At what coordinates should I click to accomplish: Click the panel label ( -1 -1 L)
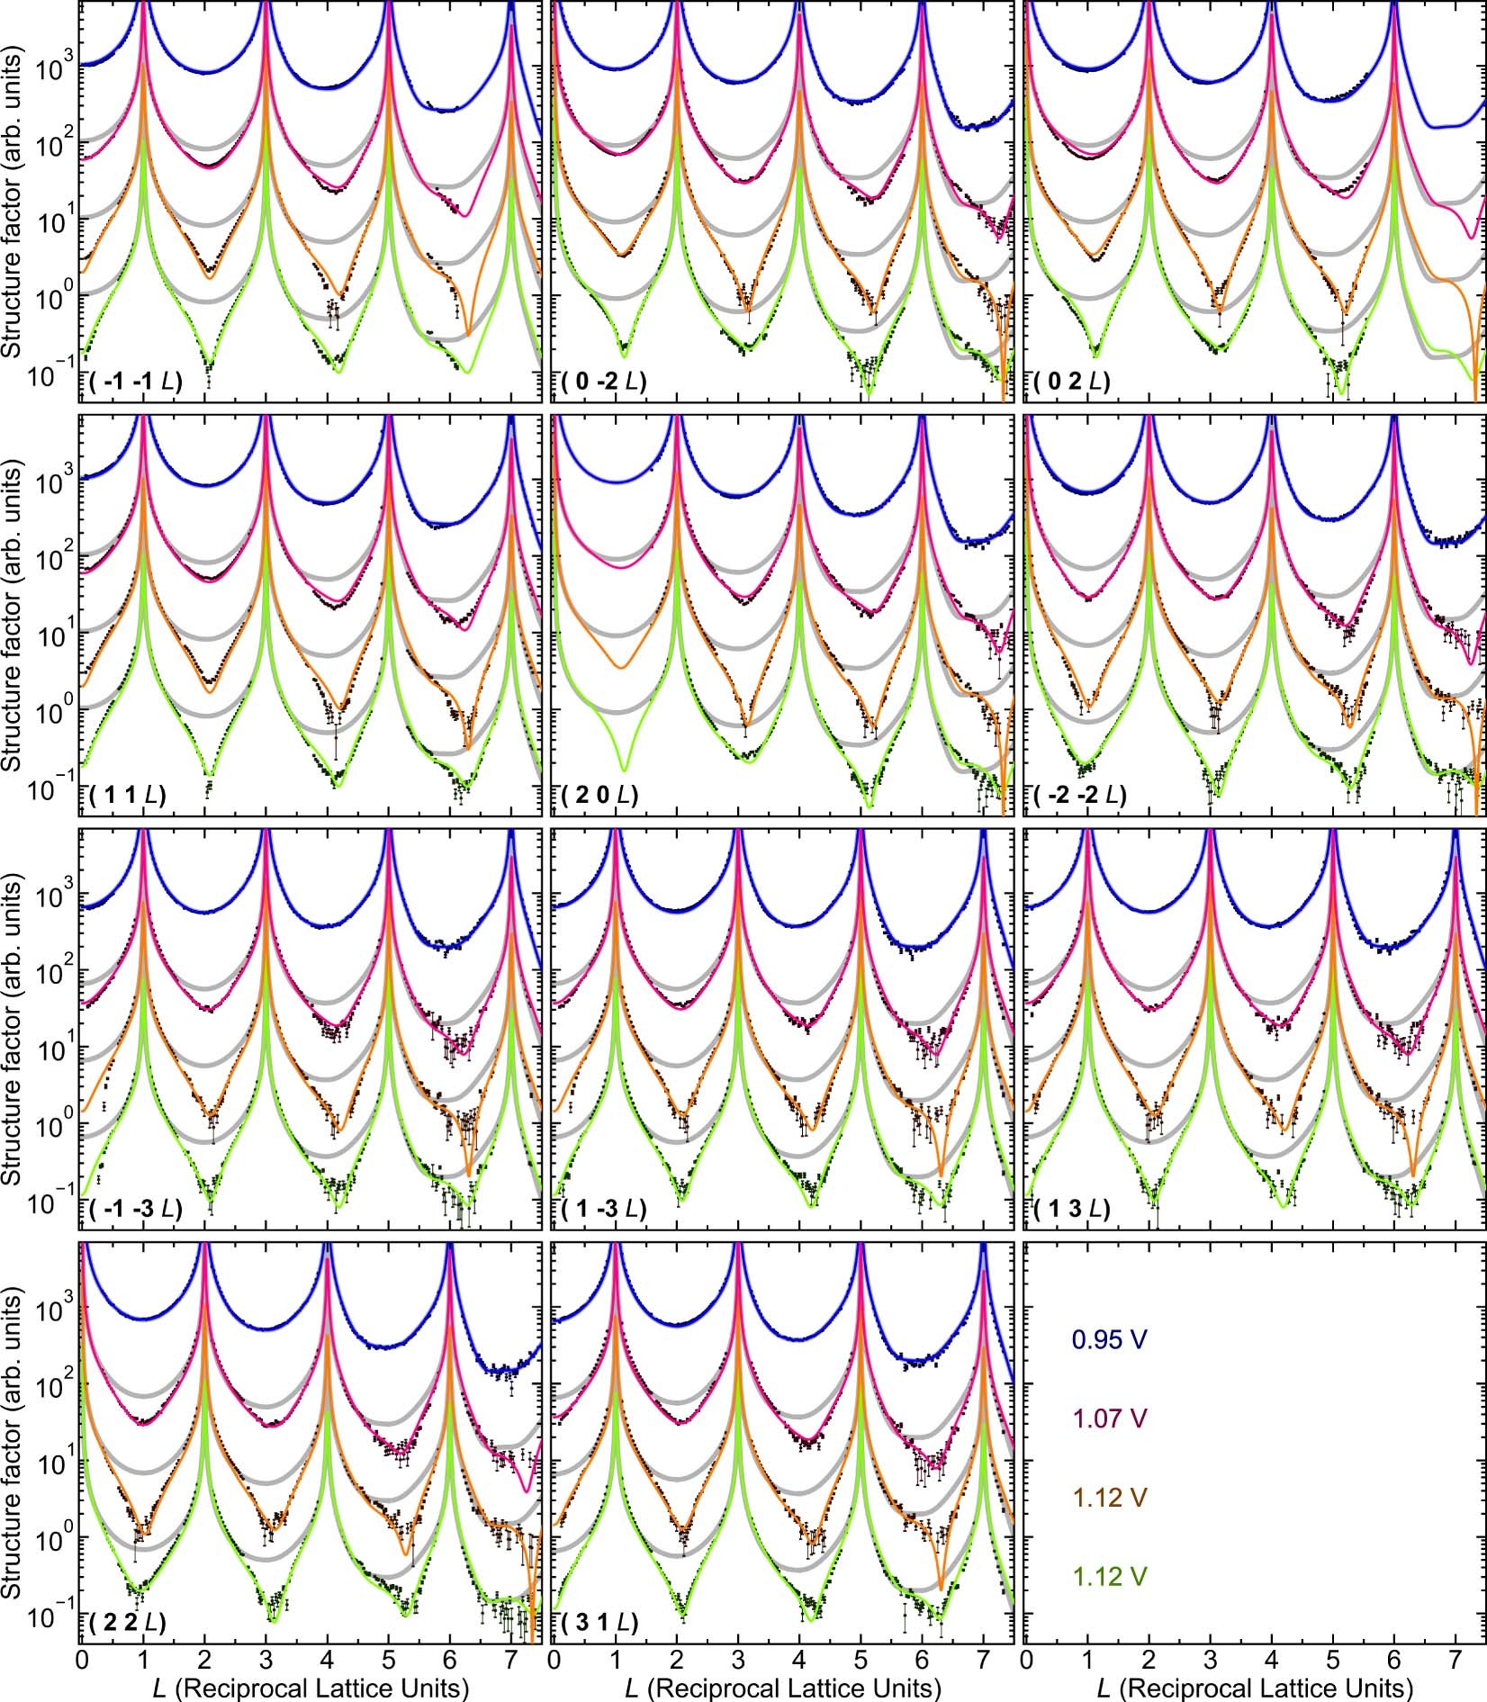click(x=136, y=382)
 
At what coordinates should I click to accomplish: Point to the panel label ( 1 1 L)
click(x=128, y=795)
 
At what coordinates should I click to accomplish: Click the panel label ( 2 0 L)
click(x=599, y=795)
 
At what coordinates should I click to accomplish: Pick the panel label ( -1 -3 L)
click(x=136, y=1209)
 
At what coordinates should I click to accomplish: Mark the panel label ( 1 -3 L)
click(x=603, y=1209)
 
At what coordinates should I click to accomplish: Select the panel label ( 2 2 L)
click(x=128, y=1623)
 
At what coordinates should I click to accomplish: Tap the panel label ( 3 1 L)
click(x=599, y=1623)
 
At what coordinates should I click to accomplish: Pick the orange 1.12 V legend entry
click(x=1109, y=1523)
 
